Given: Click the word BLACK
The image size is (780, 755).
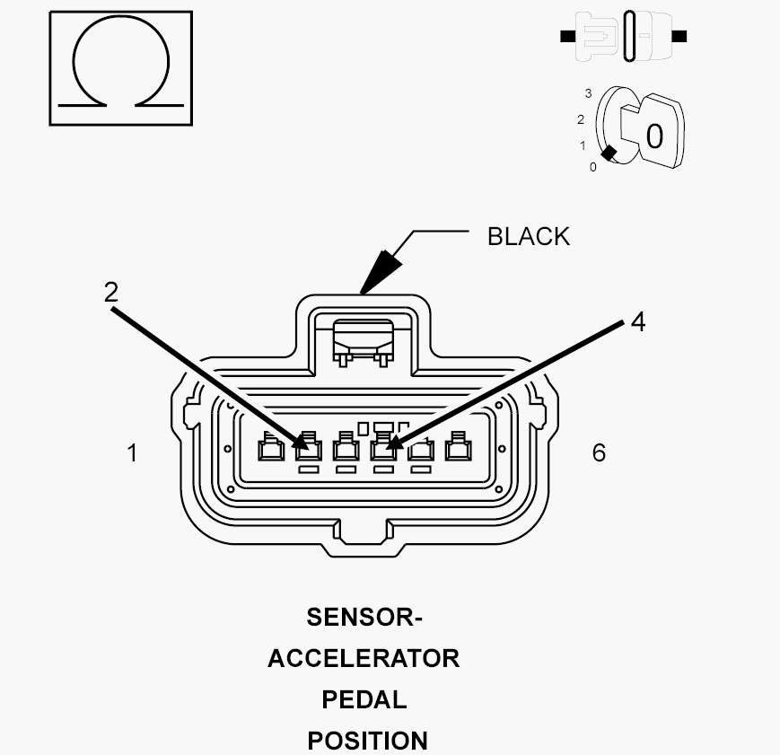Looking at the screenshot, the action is pos(529,236).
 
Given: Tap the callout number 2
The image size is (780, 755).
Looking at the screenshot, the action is pos(111,292).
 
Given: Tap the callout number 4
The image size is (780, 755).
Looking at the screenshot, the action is pos(637,321).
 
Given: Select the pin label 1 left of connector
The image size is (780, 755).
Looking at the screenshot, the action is pos(132,452).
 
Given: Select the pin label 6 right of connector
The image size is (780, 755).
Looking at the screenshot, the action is pos(599,452).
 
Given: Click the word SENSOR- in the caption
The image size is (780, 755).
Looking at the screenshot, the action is pos(364,617).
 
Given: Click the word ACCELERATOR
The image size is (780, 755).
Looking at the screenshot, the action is pos(364,658).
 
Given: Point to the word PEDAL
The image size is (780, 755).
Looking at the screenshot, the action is pos(364,699).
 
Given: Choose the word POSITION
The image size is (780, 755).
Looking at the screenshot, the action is pos(368,741).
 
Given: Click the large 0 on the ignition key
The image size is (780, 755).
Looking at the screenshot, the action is pos(654,136).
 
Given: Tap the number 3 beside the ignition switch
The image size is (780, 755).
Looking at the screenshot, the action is pos(589,93).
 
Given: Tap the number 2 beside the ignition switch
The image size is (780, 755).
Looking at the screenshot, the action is pos(581,119).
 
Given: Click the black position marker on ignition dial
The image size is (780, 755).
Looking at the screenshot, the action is pos(609,154).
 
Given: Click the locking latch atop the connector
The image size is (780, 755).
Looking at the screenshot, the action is pos(364,342).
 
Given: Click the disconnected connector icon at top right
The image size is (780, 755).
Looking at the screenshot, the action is pos(623,36).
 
